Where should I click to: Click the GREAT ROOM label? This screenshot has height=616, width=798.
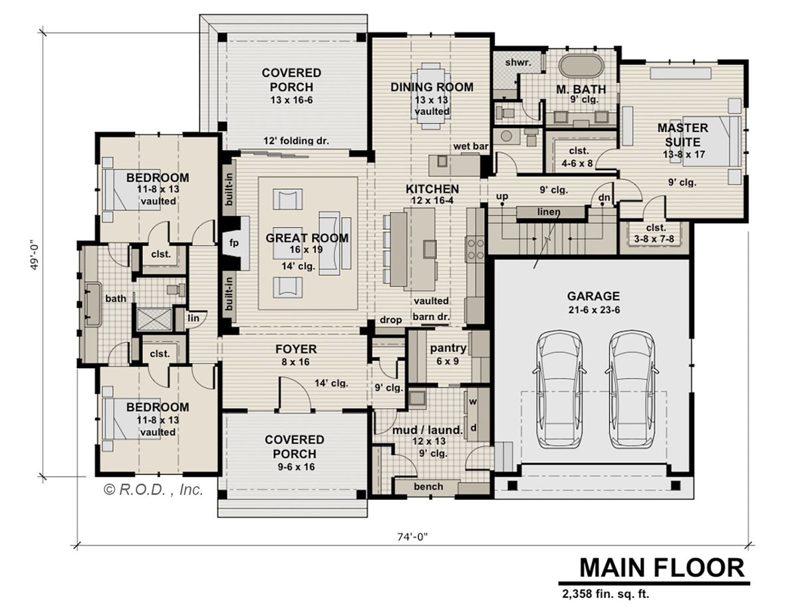(307, 238)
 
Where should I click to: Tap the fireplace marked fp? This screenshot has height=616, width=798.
(235, 243)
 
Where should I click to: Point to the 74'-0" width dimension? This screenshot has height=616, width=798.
(413, 537)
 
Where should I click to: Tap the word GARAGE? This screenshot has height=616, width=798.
(593, 296)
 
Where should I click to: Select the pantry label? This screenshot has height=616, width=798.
(448, 348)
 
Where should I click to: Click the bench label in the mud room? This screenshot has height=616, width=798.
(428, 486)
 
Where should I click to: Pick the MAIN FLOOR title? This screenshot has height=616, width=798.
(662, 567)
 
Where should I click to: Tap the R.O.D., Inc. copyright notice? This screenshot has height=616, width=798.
(153, 490)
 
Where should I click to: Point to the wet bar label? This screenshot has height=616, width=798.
(471, 146)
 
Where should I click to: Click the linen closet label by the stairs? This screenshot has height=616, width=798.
(549, 212)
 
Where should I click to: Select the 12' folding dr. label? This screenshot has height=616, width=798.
(296, 140)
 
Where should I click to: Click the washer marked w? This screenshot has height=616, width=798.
(473, 402)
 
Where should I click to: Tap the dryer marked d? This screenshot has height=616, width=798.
(473, 427)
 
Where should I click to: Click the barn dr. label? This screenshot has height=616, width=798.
(431, 316)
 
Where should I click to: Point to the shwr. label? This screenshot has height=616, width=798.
(518, 62)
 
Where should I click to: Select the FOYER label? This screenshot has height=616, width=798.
(296, 349)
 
